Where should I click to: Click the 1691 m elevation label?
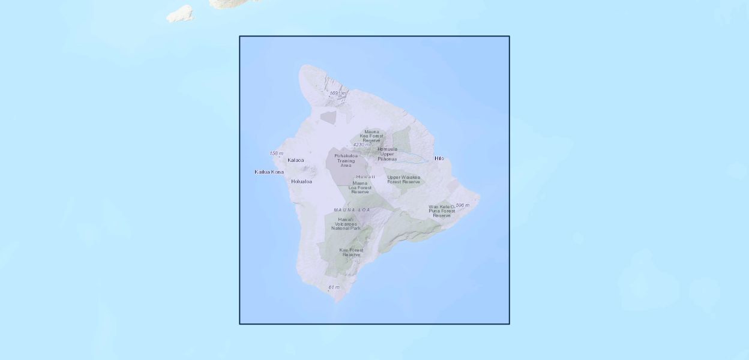(x=338, y=94)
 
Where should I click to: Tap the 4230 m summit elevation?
(x=361, y=145)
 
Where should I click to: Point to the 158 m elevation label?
(x=276, y=154)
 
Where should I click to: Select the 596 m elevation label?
(x=462, y=206)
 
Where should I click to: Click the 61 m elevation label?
(x=334, y=287)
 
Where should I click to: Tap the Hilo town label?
(x=439, y=158)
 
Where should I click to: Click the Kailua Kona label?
(x=269, y=172)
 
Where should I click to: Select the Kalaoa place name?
(x=296, y=160)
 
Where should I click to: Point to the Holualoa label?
(x=301, y=181)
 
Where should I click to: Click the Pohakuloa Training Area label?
(x=346, y=160)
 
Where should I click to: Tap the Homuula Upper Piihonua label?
(x=387, y=154)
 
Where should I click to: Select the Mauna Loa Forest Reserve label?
(x=360, y=188)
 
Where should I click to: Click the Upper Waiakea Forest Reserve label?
(x=403, y=179)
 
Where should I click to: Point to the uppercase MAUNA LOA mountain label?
(x=352, y=210)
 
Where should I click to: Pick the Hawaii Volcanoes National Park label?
(x=346, y=224)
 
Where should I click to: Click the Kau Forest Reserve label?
(x=351, y=252)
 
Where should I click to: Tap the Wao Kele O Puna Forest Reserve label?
(x=442, y=211)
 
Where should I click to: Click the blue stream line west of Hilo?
(x=414, y=158)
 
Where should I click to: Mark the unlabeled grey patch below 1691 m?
(x=329, y=117)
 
